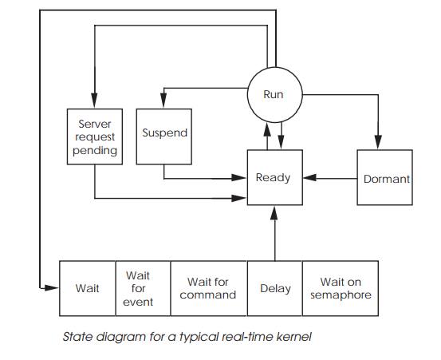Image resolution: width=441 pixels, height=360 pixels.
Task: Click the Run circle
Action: pos(274,94)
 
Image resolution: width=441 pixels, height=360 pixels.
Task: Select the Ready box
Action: pos(273,177)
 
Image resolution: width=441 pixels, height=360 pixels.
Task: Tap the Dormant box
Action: pos(385,179)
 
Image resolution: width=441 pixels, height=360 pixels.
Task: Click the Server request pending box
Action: pos(95,138)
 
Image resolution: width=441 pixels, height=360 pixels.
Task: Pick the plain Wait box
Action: pos(87,288)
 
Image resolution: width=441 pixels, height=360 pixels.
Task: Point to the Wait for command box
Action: pos(208,288)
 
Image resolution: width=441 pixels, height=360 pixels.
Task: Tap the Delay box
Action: pos(275,288)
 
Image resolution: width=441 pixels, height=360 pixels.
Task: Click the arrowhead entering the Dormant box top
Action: pos(379,144)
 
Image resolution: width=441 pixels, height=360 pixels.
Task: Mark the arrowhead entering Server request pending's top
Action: pos(95,104)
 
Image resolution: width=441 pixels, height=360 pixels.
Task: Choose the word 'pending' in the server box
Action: pos(95,150)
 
